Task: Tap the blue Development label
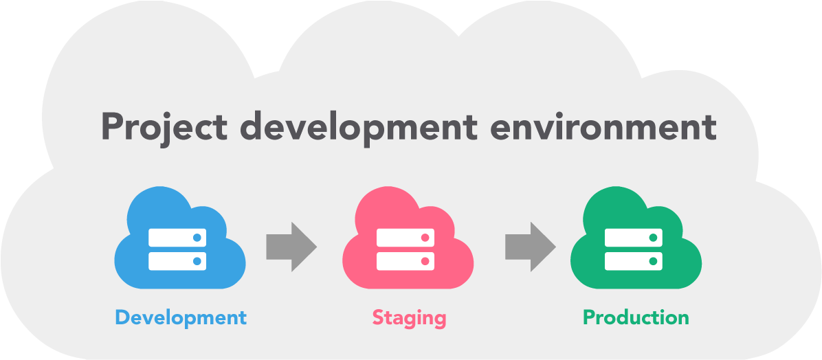coord(180,317)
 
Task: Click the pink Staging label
coord(409,317)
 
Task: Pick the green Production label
coord(636,317)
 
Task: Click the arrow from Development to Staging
coord(291,246)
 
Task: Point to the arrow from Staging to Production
coord(530,246)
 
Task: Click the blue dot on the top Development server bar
coord(197,238)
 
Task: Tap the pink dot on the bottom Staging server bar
coord(425,261)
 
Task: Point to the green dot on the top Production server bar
coord(653,238)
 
